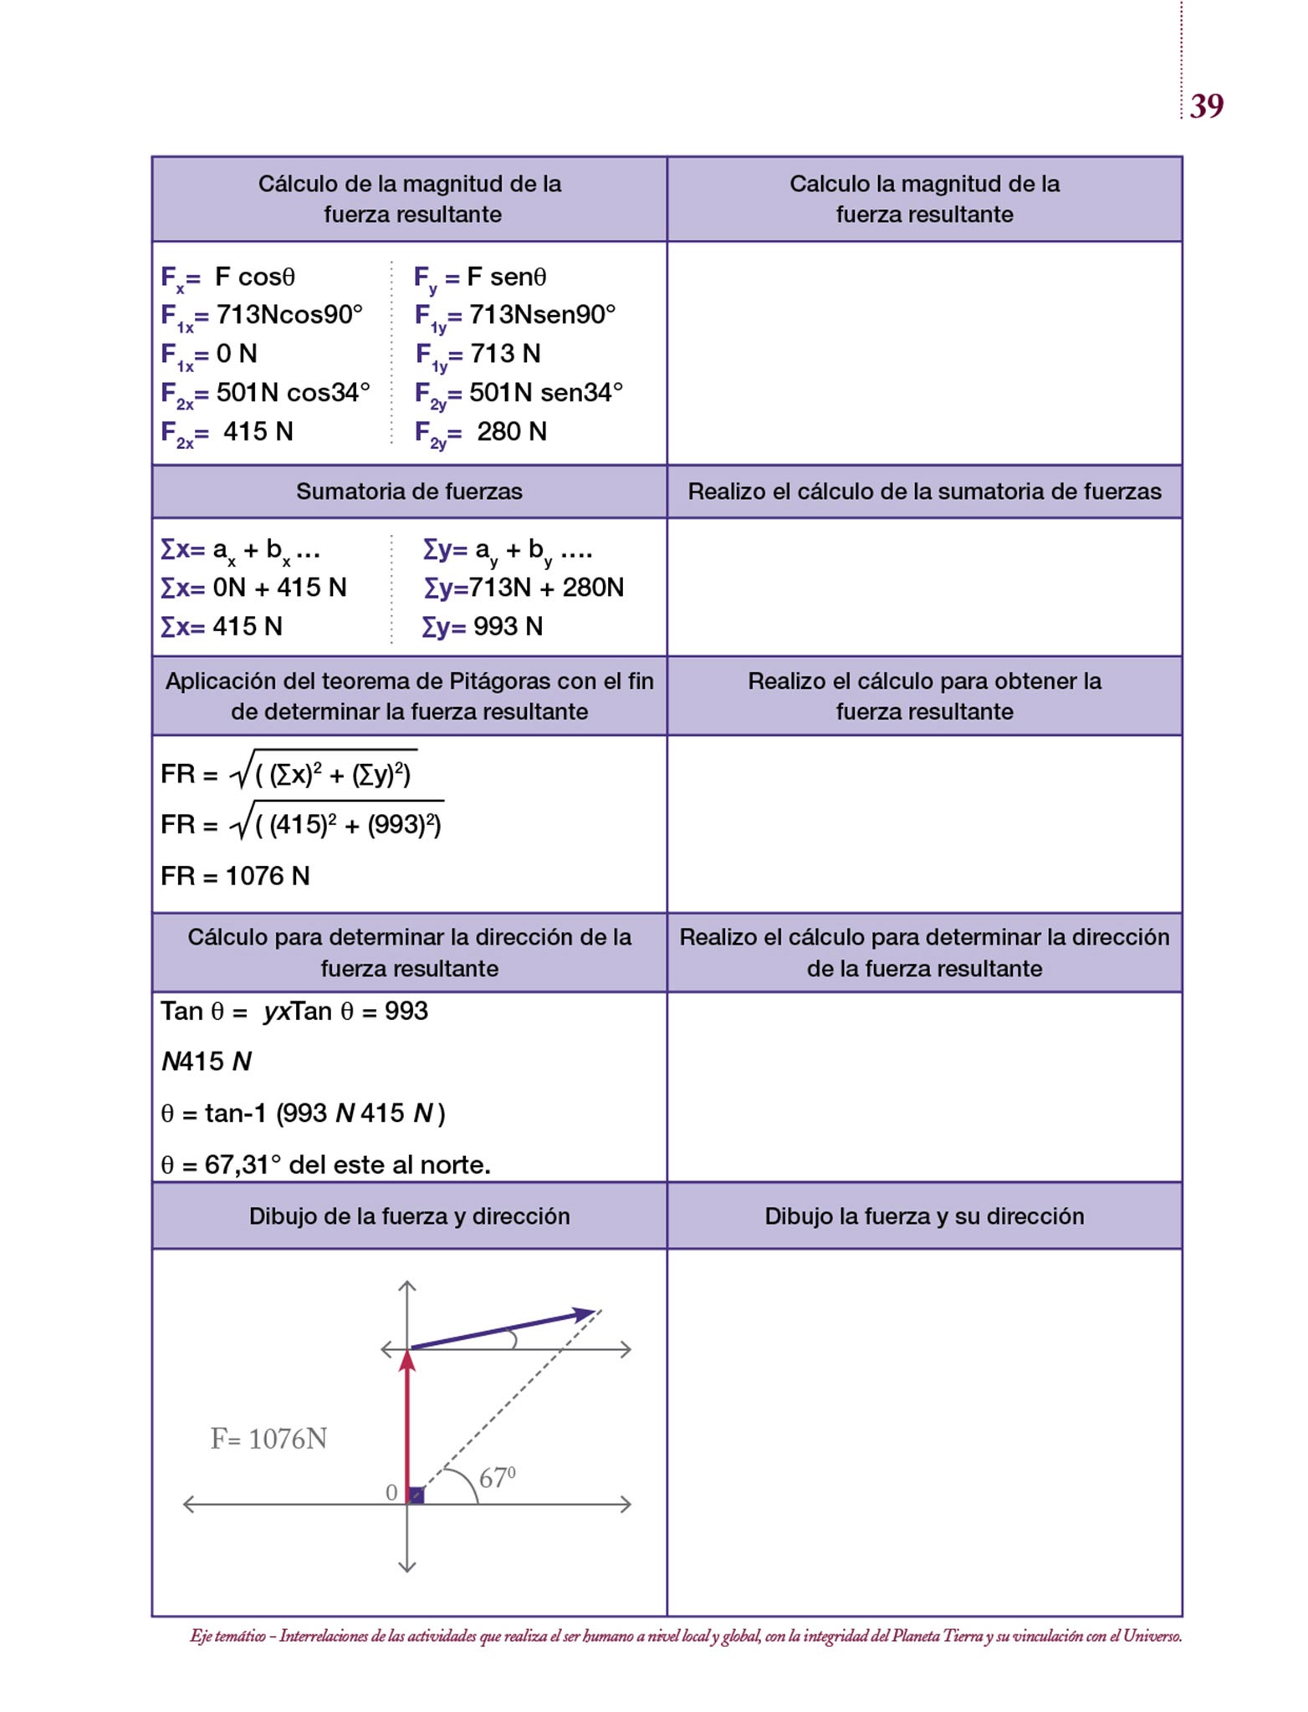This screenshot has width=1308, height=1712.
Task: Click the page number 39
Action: pos(1206,106)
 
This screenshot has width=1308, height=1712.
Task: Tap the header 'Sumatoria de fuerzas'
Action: pos(409,492)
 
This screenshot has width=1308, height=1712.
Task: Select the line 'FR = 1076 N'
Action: pos(235,876)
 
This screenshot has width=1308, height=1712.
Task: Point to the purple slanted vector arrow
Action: pos(502,1329)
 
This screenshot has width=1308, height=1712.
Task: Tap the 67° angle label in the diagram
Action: pos(497,1478)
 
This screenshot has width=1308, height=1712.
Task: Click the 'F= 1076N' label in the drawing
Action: pos(268,1439)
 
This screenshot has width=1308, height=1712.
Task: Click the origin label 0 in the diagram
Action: pos(391,1493)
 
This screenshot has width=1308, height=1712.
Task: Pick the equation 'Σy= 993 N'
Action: pos(483,626)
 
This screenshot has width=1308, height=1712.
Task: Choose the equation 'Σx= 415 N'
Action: pos(222,626)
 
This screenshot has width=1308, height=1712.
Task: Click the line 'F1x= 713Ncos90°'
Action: pos(262,316)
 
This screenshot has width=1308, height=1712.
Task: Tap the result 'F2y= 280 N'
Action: pos(481,433)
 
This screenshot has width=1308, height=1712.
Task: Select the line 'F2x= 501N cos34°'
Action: pos(265,394)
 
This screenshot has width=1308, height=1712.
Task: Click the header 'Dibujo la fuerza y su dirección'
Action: pos(924,1216)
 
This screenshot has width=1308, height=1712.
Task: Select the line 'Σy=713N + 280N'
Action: pos(524,588)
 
